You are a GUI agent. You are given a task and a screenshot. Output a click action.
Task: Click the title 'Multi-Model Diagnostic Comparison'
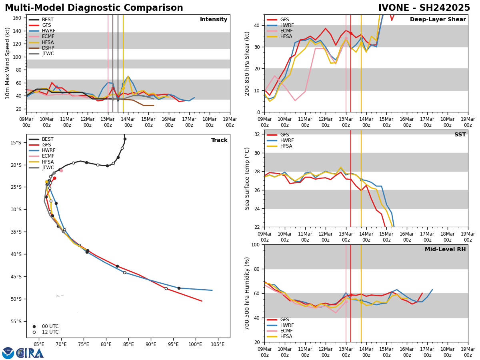(94, 8)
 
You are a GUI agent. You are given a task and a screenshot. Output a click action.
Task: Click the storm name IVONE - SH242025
(424, 8)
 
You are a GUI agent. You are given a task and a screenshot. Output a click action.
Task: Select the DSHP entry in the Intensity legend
(48, 48)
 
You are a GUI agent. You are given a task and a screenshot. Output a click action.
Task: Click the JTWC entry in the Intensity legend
(48, 54)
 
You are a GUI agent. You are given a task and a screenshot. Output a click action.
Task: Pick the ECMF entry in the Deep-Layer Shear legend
(284, 31)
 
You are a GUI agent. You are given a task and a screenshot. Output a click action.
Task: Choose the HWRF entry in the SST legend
(287, 141)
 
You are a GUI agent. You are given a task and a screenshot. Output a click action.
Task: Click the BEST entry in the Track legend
(48, 139)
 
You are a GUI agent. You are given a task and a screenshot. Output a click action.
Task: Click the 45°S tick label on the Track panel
(16, 276)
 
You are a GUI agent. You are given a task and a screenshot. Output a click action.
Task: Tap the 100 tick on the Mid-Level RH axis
(255, 244)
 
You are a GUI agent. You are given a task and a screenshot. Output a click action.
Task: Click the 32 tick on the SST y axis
(257, 134)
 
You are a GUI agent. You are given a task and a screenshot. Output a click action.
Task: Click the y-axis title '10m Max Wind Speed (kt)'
(8, 63)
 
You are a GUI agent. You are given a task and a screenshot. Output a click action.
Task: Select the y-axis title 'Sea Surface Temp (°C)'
(247, 178)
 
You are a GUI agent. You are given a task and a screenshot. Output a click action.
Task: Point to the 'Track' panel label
(219, 140)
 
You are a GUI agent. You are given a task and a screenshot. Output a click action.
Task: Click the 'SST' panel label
(460, 135)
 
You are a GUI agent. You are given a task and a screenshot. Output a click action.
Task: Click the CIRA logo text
(30, 353)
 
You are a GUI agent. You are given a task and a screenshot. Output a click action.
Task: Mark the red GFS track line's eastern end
(202, 301)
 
